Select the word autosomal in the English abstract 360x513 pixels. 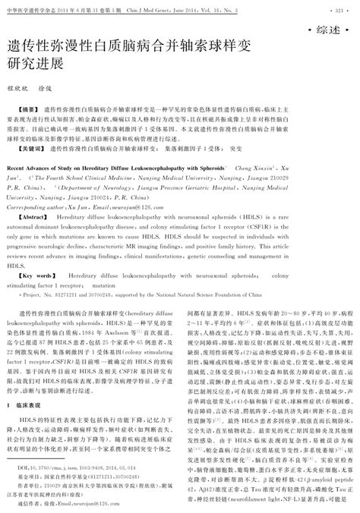coord(27,226)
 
